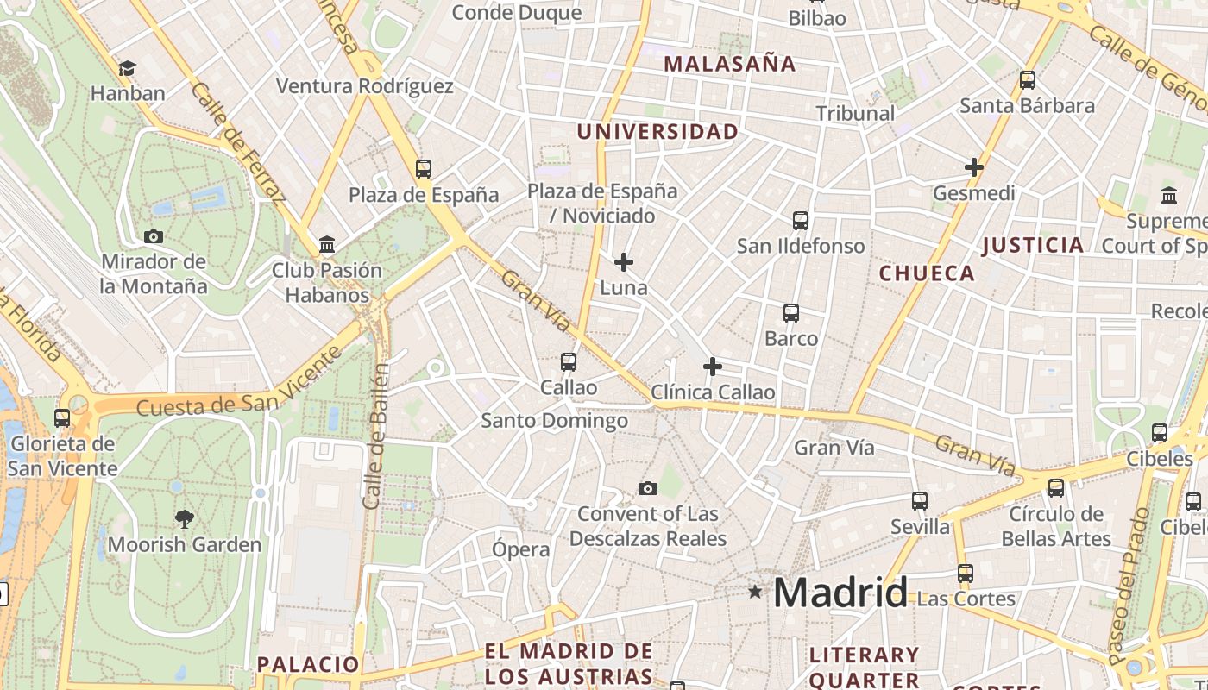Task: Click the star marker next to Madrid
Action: (x=755, y=592)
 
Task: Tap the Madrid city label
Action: (x=840, y=593)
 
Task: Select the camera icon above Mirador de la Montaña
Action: (x=154, y=236)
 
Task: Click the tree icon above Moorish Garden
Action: (x=184, y=518)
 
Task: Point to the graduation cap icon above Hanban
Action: (x=127, y=68)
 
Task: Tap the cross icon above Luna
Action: (x=623, y=261)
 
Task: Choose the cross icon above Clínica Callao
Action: (x=712, y=367)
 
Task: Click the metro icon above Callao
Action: (x=568, y=362)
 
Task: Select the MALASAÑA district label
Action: (x=730, y=64)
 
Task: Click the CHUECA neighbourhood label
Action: (x=927, y=273)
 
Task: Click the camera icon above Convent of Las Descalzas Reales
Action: (x=647, y=489)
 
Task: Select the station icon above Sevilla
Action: (x=920, y=501)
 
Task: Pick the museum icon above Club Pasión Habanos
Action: (x=327, y=245)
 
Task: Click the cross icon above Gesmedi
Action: (x=974, y=167)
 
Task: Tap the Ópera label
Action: (x=521, y=549)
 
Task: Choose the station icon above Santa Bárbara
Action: (x=1027, y=80)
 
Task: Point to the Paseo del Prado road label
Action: (x=1131, y=586)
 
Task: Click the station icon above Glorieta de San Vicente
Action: (x=62, y=418)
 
